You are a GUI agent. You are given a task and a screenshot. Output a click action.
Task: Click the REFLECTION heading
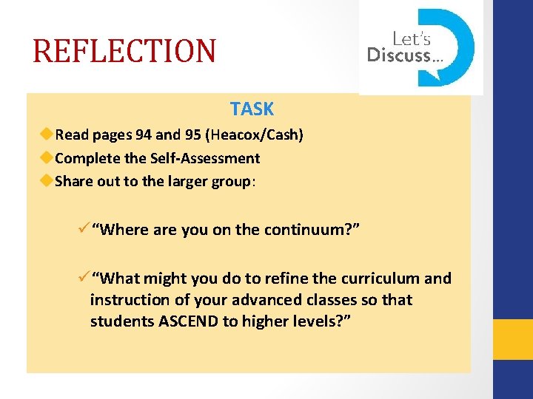tap(124, 51)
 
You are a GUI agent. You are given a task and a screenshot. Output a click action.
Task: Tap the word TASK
tap(252, 109)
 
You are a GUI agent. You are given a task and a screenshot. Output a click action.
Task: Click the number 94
tap(144, 134)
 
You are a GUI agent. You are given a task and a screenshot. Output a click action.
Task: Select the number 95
tap(194, 134)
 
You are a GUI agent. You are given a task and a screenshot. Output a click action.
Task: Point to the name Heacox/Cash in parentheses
tap(255, 134)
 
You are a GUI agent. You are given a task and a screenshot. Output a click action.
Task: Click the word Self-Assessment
tap(205, 157)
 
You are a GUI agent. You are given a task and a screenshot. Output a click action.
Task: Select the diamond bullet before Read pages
tap(47, 134)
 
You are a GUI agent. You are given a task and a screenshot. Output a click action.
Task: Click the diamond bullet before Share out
tap(47, 180)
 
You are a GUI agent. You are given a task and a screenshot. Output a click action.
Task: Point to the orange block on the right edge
tap(513, 339)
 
